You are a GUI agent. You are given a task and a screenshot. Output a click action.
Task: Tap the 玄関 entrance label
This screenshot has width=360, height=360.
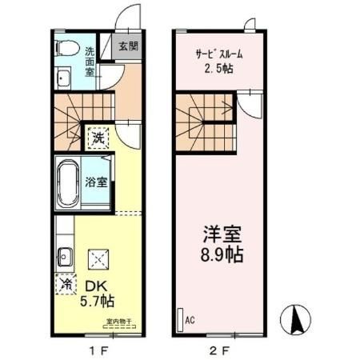click(127, 46)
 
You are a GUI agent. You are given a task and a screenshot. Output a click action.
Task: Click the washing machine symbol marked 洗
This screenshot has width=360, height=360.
click(97, 137)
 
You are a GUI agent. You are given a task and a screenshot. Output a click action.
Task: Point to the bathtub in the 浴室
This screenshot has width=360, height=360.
click(69, 182)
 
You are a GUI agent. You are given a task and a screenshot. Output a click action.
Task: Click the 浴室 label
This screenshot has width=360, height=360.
click(97, 182)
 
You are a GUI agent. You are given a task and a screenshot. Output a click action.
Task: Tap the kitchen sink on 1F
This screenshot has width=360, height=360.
click(65, 258)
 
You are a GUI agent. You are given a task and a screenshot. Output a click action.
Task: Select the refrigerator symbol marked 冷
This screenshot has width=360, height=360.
click(66, 283)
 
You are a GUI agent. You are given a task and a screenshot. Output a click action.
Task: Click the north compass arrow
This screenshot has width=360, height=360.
click(298, 321)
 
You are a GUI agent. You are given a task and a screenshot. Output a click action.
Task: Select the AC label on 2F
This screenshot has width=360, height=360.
click(190, 318)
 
